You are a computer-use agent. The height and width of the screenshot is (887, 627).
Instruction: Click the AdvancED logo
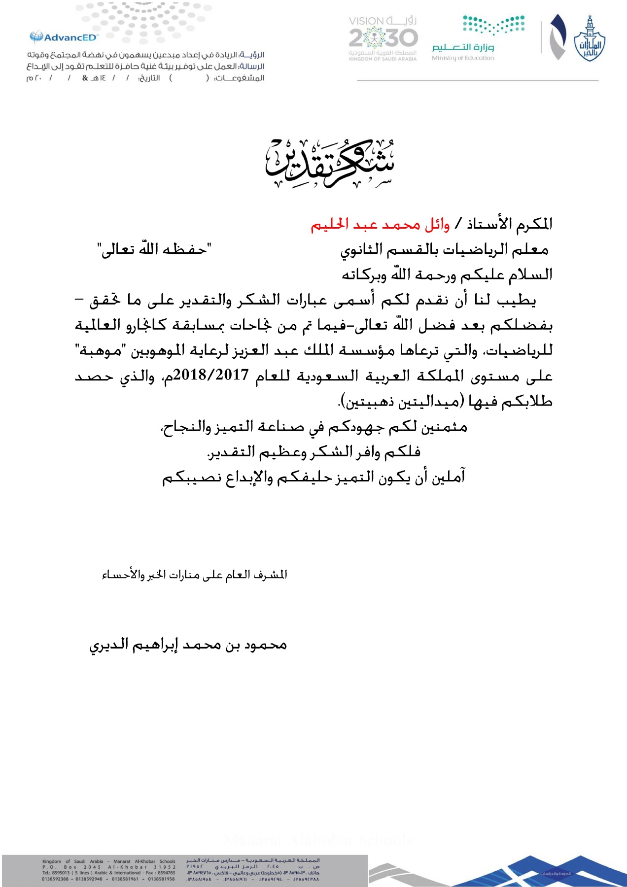[64, 37]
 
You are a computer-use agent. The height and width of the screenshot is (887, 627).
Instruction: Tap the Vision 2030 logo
[383, 38]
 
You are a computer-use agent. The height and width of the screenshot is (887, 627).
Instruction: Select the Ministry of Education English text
[463, 58]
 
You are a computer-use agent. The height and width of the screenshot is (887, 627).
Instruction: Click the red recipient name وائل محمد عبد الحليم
[380, 225]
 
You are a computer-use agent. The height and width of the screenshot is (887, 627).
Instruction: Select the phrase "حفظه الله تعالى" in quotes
[154, 249]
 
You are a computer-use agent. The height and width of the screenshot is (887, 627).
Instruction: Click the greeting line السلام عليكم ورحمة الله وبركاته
[447, 274]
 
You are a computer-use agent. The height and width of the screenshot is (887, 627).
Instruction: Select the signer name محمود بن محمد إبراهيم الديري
[188, 645]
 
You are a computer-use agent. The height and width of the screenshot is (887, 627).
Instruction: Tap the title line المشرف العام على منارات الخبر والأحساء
[194, 575]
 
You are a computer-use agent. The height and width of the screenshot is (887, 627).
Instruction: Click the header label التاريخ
[149, 78]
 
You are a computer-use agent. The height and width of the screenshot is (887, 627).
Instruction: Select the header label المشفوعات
[240, 78]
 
